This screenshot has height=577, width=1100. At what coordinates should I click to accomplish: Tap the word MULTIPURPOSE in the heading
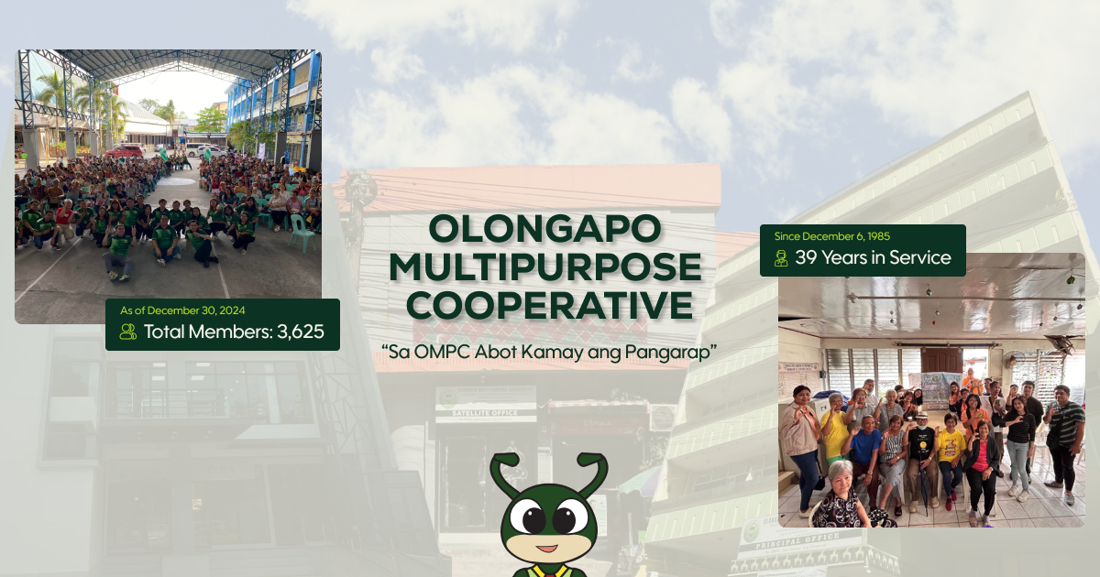point(546,267)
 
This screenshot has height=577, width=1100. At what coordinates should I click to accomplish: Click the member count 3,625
point(300,332)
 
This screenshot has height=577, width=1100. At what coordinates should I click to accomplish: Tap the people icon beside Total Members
point(127,332)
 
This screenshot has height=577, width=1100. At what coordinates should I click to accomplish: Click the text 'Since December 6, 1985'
point(832,236)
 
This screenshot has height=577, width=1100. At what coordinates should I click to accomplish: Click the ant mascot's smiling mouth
point(547,549)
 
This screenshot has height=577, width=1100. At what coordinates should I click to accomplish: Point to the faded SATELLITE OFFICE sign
point(485,412)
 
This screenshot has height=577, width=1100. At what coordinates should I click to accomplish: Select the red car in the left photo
point(126,150)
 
